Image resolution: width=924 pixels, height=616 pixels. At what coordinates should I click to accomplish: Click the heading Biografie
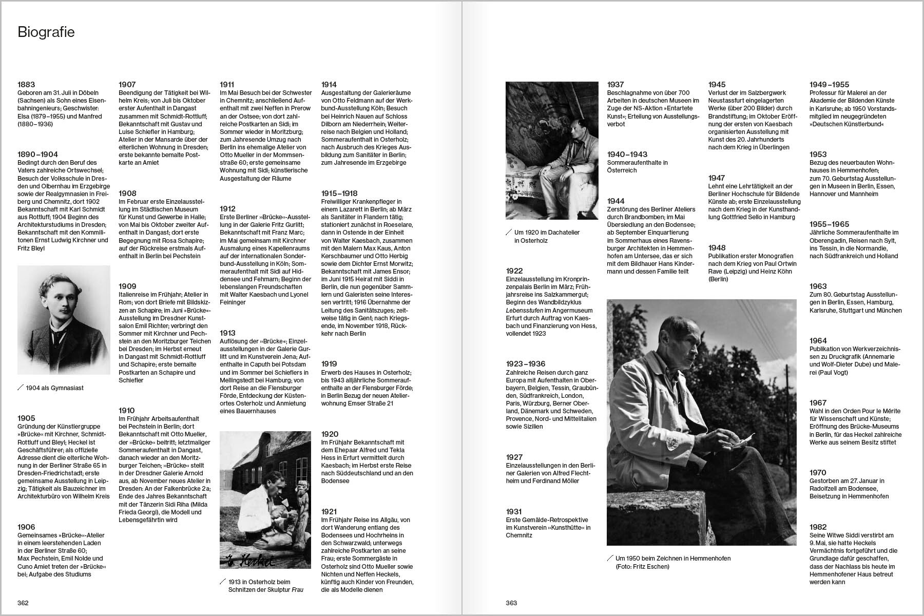tap(46, 32)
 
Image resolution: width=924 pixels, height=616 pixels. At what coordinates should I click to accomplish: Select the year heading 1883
tap(26, 85)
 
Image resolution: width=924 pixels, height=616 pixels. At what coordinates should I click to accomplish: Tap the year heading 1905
tap(26, 418)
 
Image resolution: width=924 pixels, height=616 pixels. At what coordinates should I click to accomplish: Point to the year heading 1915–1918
tap(339, 194)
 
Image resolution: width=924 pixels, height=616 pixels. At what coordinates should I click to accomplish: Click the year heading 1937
tap(615, 85)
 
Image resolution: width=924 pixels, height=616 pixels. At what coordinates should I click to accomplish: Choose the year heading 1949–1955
tap(829, 85)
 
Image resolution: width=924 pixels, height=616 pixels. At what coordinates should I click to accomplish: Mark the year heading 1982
tap(818, 527)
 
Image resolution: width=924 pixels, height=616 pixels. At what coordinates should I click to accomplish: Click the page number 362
tap(23, 603)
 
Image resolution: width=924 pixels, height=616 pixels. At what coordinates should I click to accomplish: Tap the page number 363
tap(511, 603)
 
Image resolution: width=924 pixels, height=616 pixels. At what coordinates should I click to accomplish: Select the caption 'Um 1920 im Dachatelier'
tap(547, 233)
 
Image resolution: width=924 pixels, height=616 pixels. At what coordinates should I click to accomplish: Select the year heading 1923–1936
tap(526, 364)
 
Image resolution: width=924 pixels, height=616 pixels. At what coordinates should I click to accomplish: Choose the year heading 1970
tap(818, 473)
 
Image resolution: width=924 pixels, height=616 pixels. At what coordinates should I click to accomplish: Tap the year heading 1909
tap(127, 286)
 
